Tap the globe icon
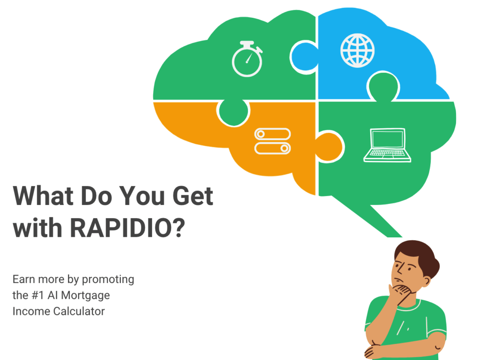(357, 51)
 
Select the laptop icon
(387, 145)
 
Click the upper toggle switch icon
(272, 134)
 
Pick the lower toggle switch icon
(272, 148)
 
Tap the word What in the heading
(43, 196)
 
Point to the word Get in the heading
(193, 196)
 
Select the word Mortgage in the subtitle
(85, 295)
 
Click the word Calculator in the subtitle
(79, 311)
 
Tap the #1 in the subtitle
(38, 295)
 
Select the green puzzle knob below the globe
(383, 86)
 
